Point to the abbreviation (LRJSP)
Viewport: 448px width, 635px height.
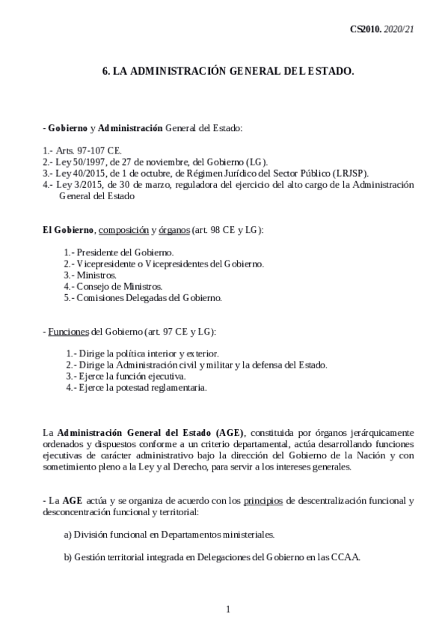click(346, 172)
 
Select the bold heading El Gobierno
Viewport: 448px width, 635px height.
click(68, 229)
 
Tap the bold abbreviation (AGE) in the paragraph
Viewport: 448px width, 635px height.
click(227, 433)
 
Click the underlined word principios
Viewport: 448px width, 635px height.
click(263, 501)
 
